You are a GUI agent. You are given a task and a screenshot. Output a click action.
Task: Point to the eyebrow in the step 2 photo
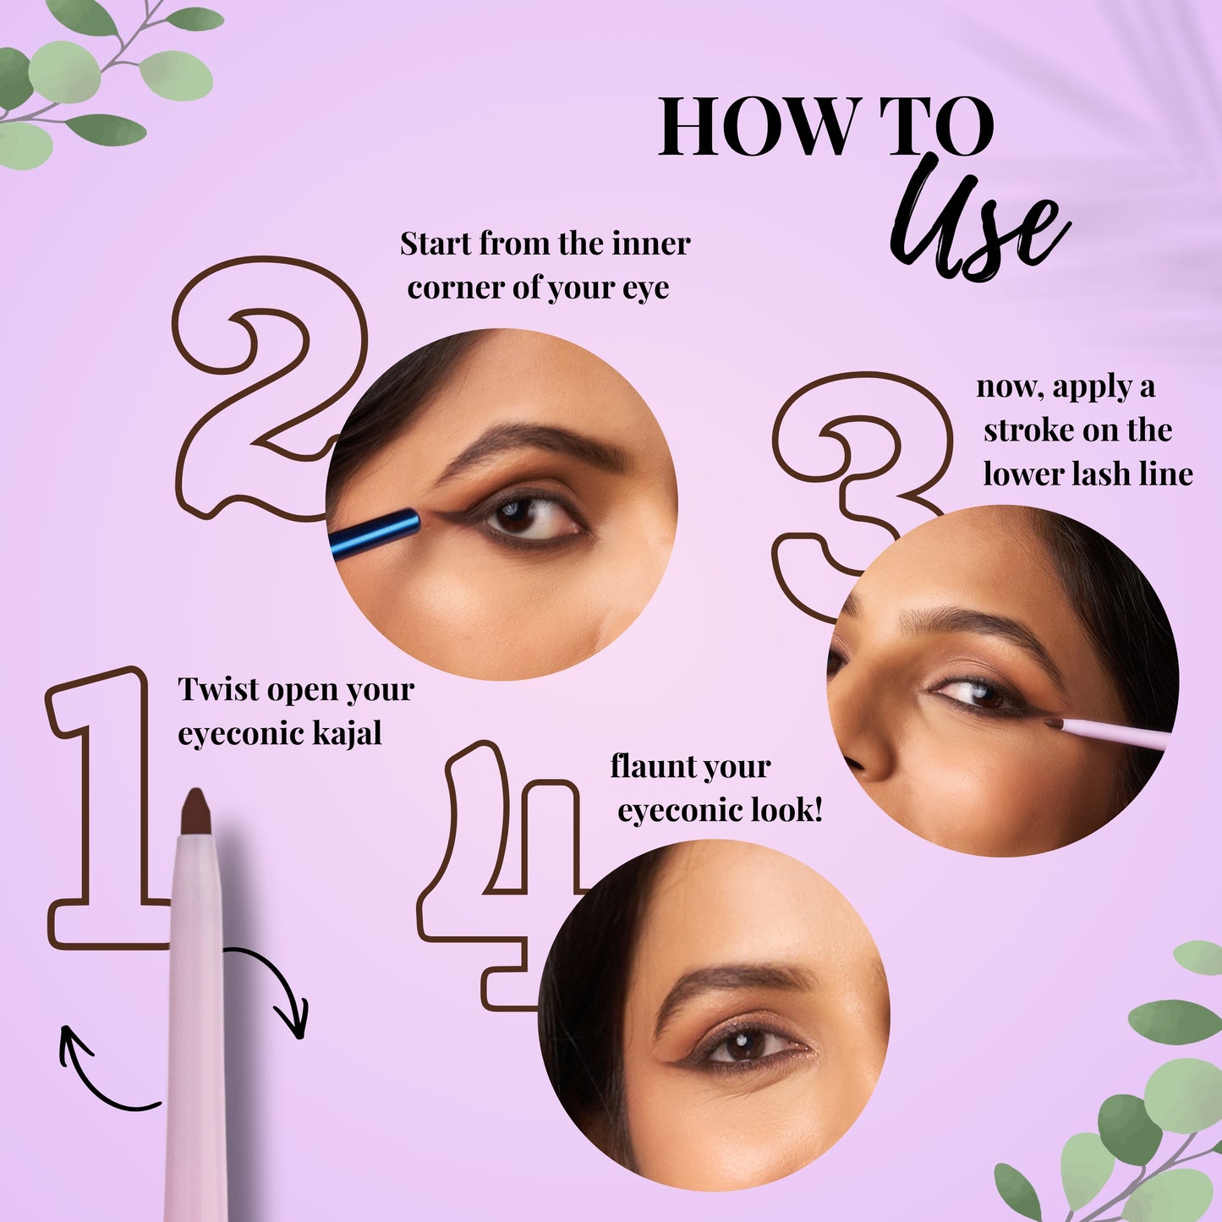point(533,444)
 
